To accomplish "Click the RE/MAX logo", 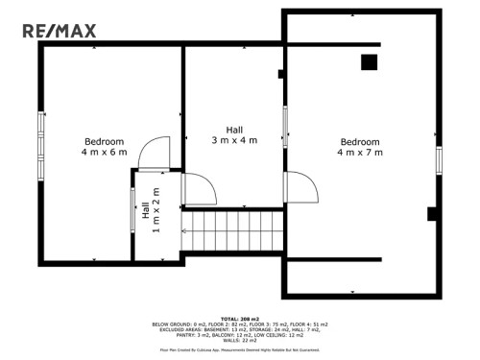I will [60, 32].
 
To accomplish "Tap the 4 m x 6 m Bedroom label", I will [104, 147].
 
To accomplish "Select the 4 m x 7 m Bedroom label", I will [360, 147].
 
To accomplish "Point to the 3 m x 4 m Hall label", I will [234, 135].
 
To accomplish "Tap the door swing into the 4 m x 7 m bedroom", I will [300, 188].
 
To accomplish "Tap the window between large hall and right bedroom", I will [285, 126].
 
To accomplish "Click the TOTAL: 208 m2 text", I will [240, 318].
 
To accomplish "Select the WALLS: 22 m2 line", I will [240, 340].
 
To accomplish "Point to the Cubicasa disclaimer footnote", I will [240, 349].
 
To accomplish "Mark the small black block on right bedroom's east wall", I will [432, 213].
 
